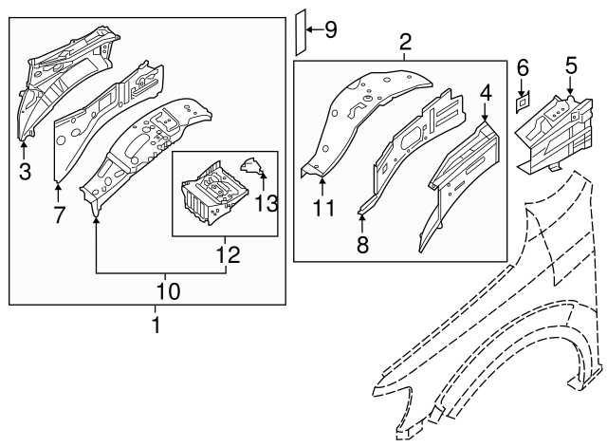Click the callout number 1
[x=156, y=326]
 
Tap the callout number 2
[x=405, y=42]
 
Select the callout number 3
[x=24, y=171]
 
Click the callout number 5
[x=571, y=65]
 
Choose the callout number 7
[x=59, y=214]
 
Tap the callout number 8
[x=362, y=246]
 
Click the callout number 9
[x=330, y=29]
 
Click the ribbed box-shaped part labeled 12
[x=212, y=193]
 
